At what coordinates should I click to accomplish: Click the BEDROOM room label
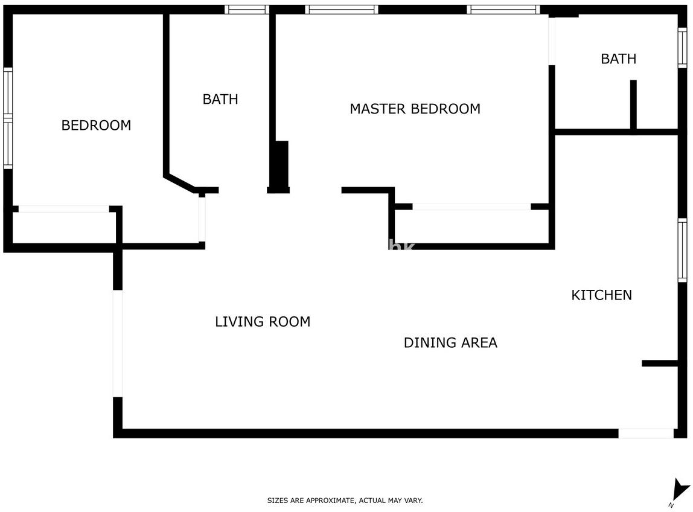coord(96,126)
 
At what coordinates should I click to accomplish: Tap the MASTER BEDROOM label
coord(415,109)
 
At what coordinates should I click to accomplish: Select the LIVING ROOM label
coord(263,321)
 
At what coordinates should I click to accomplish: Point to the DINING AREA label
coord(450,343)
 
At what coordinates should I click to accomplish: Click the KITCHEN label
coord(601,295)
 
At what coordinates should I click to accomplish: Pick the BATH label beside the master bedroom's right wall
coord(618,59)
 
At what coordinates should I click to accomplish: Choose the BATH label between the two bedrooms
coord(220,99)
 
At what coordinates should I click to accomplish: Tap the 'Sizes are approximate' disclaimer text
coord(345,501)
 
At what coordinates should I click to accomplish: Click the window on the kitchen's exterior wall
coord(683,250)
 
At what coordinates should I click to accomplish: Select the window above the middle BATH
coord(247,9)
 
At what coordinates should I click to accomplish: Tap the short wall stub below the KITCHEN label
coord(660,363)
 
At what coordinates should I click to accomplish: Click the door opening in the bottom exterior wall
coord(646,434)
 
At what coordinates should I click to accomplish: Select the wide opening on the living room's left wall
coord(118,344)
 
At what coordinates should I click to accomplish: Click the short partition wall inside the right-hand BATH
coord(633,104)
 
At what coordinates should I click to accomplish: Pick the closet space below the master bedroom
coord(471,226)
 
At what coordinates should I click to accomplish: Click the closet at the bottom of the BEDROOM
coord(64,227)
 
